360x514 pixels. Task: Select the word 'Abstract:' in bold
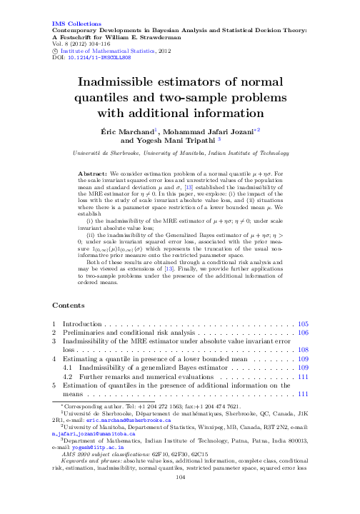click(x=93, y=173)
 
